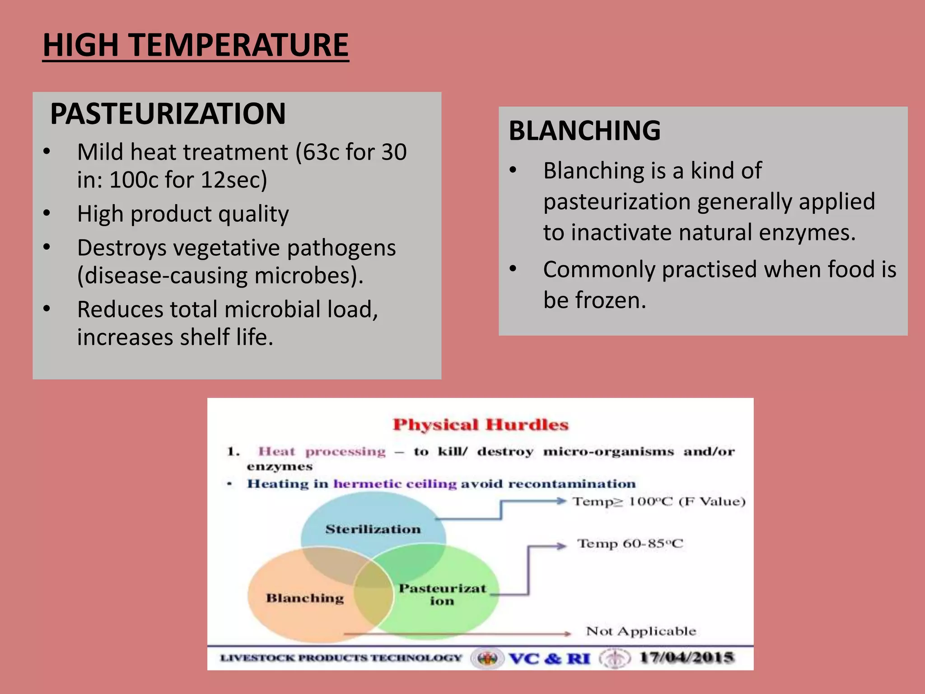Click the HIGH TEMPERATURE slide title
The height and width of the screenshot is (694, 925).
pos(196,45)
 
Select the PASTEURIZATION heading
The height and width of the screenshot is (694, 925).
pos(168,113)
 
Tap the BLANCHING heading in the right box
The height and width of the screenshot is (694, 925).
pos(584,131)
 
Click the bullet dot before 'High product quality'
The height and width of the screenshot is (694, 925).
pos(47,213)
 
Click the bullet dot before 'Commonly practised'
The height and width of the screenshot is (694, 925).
pos(513,269)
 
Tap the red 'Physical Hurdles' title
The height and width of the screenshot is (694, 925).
pos(480,425)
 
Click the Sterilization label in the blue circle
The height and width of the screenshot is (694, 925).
pos(373,529)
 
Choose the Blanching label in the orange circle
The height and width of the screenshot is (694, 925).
pos(305,598)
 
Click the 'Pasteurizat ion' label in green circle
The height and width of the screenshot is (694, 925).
pos(442,594)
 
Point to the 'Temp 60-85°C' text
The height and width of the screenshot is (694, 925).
pos(630,544)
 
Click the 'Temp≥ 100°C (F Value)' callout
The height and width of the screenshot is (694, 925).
pos(659,502)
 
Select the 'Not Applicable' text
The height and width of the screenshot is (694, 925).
pos(641,631)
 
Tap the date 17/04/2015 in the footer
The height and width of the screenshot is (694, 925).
pos(687,657)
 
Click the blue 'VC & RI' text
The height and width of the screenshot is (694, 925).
pos(550,658)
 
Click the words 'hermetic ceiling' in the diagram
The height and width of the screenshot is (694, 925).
pos(395,484)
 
